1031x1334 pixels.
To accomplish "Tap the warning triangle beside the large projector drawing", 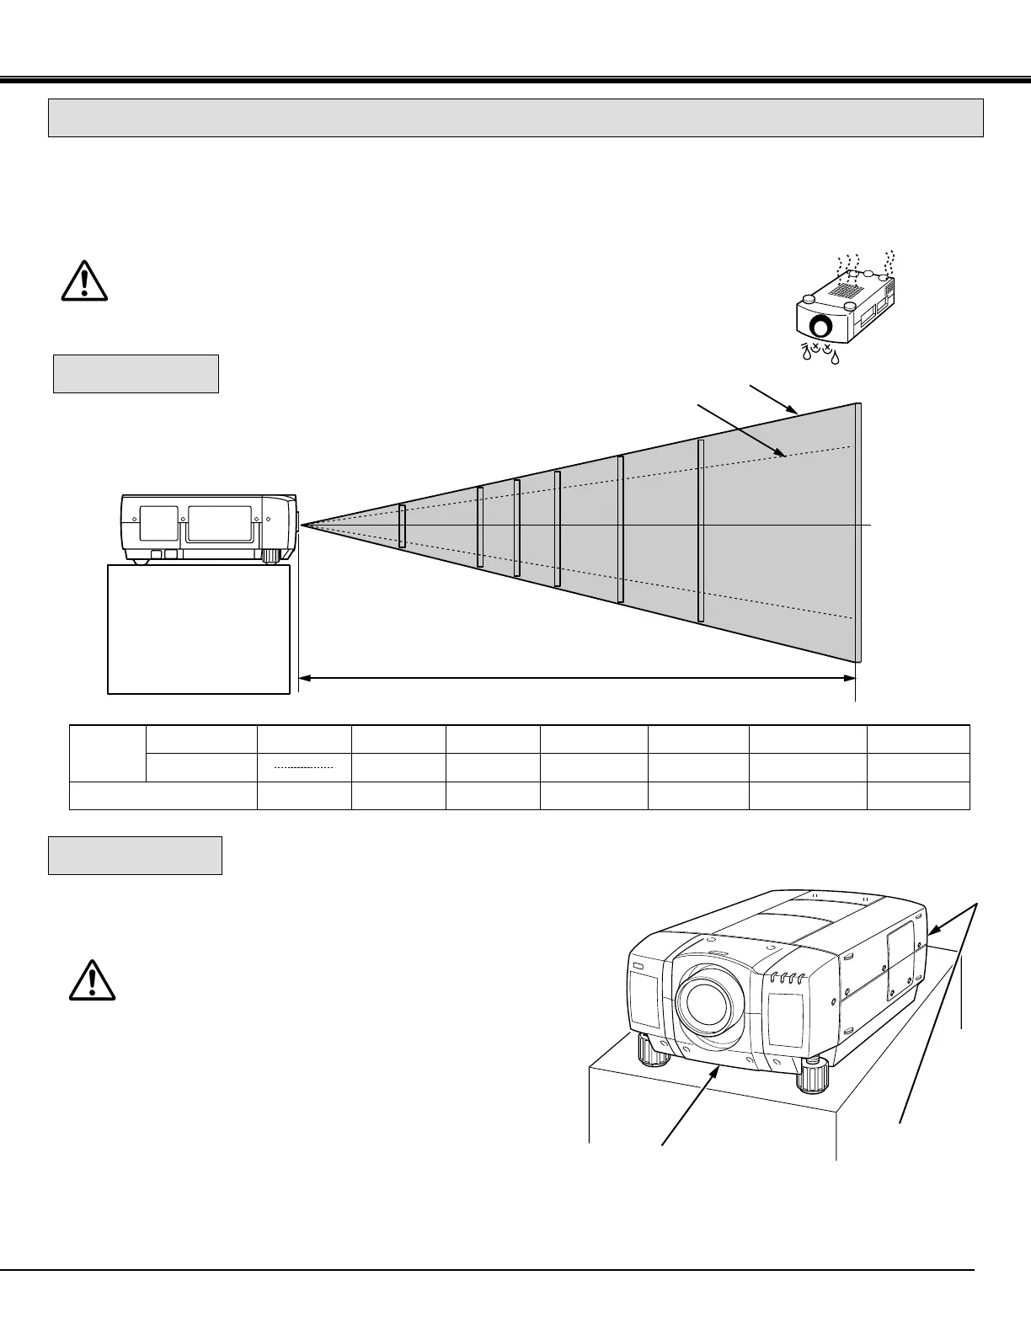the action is click(92, 980).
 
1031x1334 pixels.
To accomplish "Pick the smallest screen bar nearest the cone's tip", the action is click(402, 526).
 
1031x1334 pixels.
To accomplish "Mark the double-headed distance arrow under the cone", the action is click(577, 676).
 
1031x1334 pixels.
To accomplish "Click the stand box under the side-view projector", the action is click(199, 628).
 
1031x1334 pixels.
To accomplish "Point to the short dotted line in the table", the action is click(304, 768).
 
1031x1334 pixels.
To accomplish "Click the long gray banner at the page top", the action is click(515, 118).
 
